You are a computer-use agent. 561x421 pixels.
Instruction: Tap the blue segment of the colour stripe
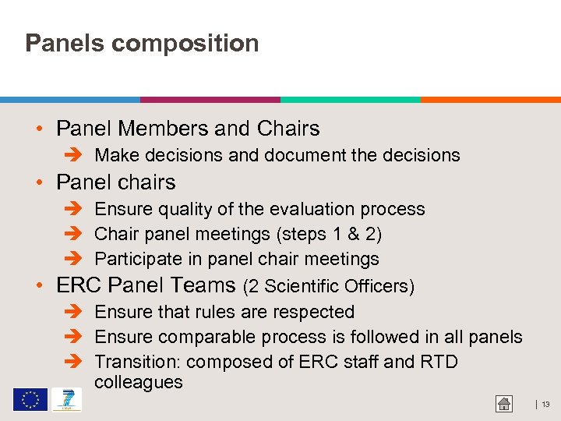coord(70,100)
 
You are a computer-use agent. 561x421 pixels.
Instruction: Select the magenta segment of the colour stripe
coord(210,100)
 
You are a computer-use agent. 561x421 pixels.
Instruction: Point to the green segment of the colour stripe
coord(351,100)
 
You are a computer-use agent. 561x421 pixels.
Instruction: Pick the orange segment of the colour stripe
coord(491,100)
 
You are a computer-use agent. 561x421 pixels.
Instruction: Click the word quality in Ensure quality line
coord(182,210)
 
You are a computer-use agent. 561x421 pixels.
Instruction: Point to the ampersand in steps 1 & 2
coord(353,235)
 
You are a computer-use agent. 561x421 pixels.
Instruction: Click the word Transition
coord(137,363)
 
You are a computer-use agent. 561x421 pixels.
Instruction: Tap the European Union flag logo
coord(30,400)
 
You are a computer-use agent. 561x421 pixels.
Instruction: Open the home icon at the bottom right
coord(504,404)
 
